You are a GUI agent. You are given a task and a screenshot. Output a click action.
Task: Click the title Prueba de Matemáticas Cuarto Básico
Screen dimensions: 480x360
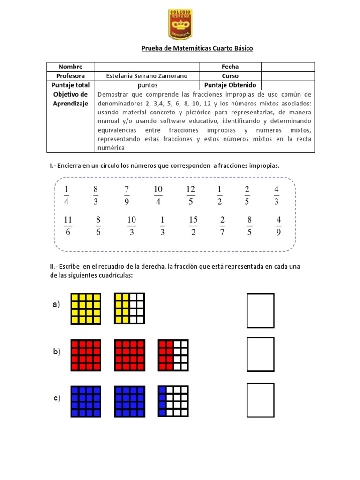tap(197, 49)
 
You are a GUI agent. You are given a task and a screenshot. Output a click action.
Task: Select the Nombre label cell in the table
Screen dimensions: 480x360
tap(70, 67)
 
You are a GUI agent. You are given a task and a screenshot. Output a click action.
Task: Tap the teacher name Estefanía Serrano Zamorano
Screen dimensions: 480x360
tap(147, 76)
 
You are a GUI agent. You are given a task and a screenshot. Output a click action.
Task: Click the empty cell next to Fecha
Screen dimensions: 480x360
tap(287, 67)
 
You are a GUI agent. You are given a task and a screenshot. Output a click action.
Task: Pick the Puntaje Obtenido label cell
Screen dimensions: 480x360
tap(230, 85)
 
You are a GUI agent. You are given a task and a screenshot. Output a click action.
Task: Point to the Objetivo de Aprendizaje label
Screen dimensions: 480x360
tap(70, 99)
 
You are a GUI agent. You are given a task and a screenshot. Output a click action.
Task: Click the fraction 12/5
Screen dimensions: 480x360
tap(190, 195)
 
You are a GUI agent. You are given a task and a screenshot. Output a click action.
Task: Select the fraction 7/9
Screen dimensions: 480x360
tap(127, 195)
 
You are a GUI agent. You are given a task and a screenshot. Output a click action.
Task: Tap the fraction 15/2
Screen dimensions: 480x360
tap(193, 226)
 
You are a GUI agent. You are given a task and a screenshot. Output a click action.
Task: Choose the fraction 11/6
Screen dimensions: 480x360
tap(67, 226)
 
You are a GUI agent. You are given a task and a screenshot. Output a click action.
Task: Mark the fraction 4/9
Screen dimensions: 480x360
tap(279, 226)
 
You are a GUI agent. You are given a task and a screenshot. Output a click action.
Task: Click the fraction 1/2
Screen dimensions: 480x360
tap(219, 195)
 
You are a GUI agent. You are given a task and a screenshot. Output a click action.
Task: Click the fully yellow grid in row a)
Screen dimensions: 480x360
tap(86, 309)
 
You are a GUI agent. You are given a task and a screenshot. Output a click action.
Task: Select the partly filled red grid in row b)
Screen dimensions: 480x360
tap(173, 355)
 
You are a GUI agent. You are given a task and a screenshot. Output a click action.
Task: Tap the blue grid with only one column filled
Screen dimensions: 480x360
tap(173, 401)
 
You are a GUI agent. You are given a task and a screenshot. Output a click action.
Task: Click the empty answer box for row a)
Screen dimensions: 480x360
tap(261, 310)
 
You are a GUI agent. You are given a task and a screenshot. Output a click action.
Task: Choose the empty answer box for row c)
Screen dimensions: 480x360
tap(261, 400)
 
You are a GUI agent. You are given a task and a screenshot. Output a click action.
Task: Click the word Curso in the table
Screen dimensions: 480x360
tap(230, 76)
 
